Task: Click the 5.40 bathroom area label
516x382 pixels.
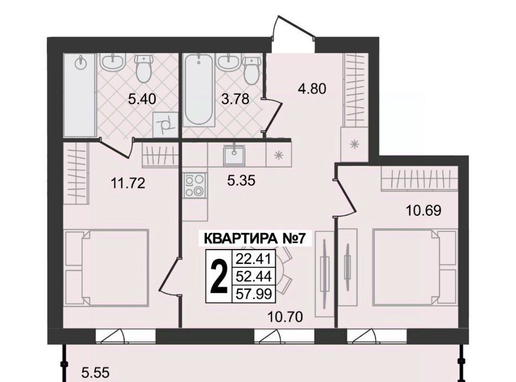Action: pos(141,99)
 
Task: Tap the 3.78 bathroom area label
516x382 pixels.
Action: pos(235,99)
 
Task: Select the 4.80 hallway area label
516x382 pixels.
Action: pos(312,89)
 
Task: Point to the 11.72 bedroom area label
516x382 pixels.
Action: pos(128,183)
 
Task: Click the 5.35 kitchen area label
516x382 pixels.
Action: pos(241,180)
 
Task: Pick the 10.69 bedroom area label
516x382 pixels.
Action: pos(423,210)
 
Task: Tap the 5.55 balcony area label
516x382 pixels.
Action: pos(95,373)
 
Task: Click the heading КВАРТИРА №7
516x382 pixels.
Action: pos(253,239)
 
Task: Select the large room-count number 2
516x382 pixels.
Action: pos(219,276)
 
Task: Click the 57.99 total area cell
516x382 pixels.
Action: pos(254,294)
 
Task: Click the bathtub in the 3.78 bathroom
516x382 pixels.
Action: pos(198,90)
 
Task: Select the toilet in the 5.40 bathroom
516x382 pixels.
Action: pos(144,68)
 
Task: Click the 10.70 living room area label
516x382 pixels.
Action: pos(285,317)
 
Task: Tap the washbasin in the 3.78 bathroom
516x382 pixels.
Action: pos(227,62)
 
